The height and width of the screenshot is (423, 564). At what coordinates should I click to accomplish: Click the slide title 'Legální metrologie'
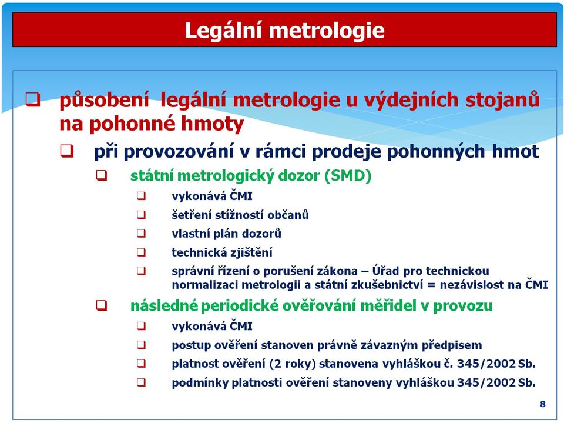[284, 31]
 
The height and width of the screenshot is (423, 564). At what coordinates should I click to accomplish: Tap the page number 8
[543, 404]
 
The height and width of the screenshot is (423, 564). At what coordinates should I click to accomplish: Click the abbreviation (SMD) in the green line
[348, 175]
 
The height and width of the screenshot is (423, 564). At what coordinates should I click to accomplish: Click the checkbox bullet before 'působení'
[33, 99]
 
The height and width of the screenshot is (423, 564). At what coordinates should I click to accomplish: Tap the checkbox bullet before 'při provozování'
[67, 151]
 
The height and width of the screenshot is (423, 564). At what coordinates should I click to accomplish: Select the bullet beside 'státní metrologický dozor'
[102, 175]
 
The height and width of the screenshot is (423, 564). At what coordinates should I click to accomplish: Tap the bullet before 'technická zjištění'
[142, 252]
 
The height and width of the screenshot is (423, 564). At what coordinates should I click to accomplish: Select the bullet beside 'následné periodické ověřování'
[102, 305]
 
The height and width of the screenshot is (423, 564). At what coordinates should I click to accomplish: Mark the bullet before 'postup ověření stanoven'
[142, 345]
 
